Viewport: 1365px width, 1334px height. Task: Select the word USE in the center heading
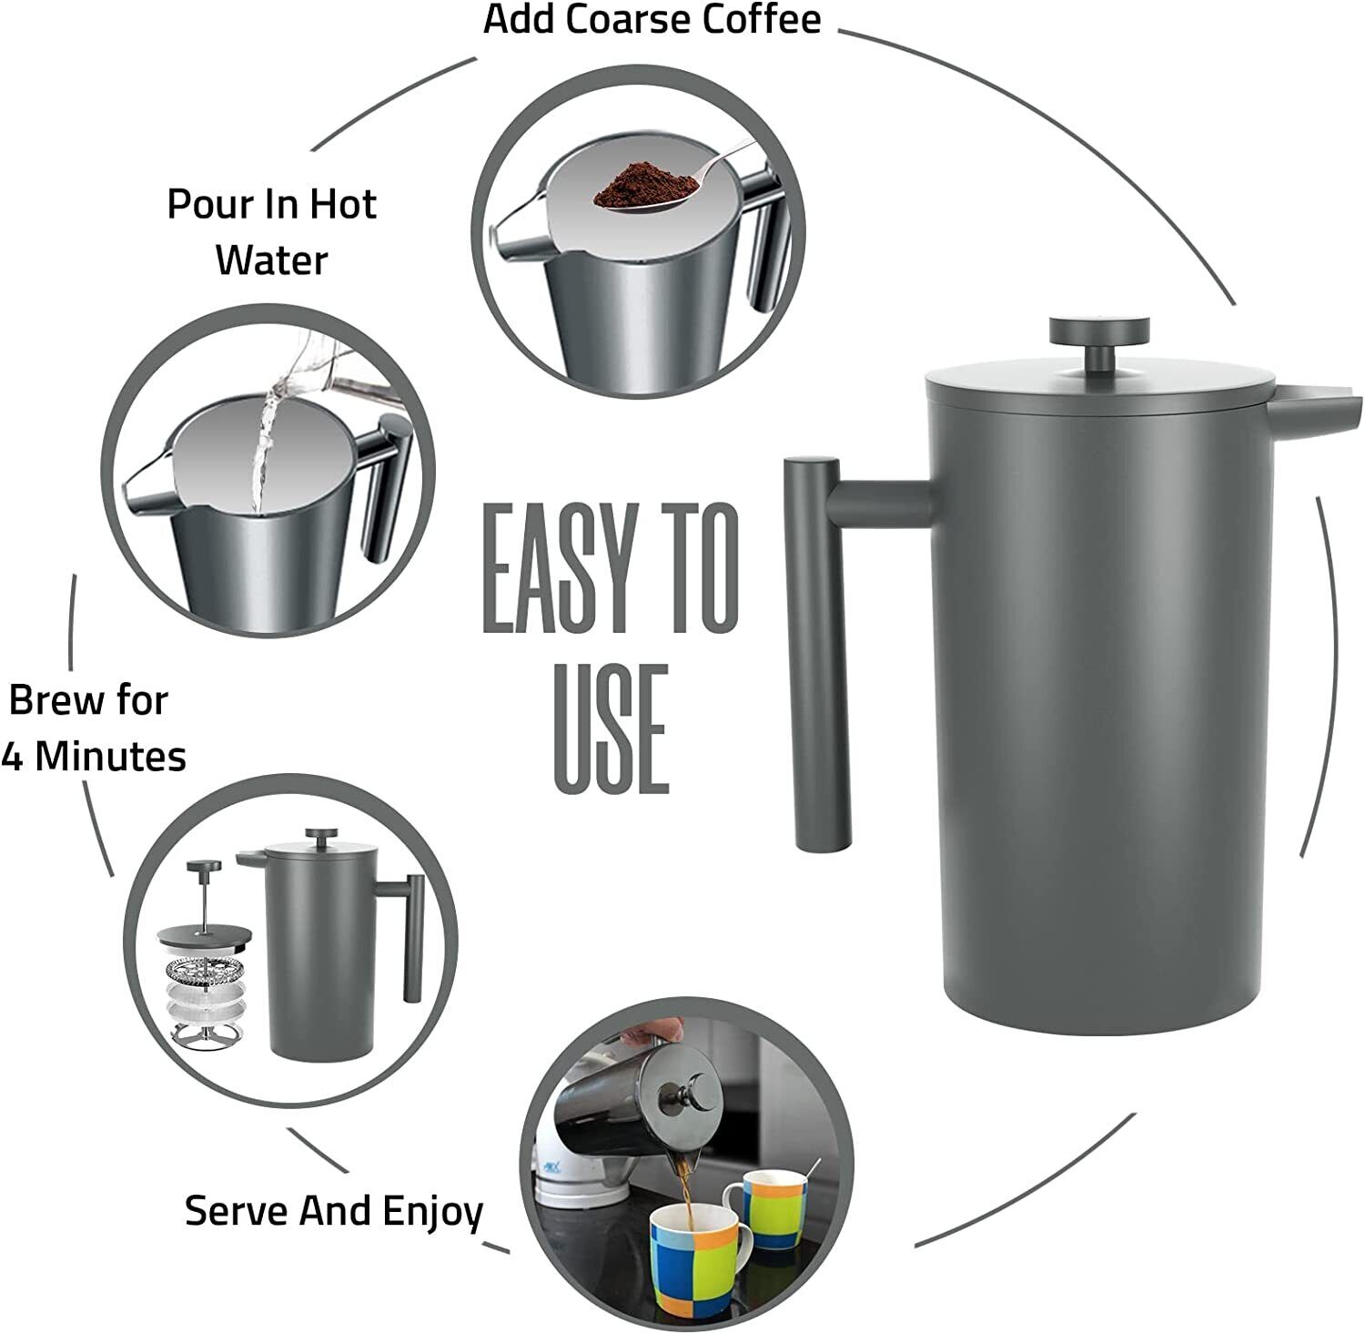coord(611,728)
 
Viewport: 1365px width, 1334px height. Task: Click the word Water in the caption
coord(271,260)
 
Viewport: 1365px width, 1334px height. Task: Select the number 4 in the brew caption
coord(12,756)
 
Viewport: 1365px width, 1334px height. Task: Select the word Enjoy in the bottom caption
coord(432,1211)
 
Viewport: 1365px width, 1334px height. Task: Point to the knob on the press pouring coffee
coord(693,1088)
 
